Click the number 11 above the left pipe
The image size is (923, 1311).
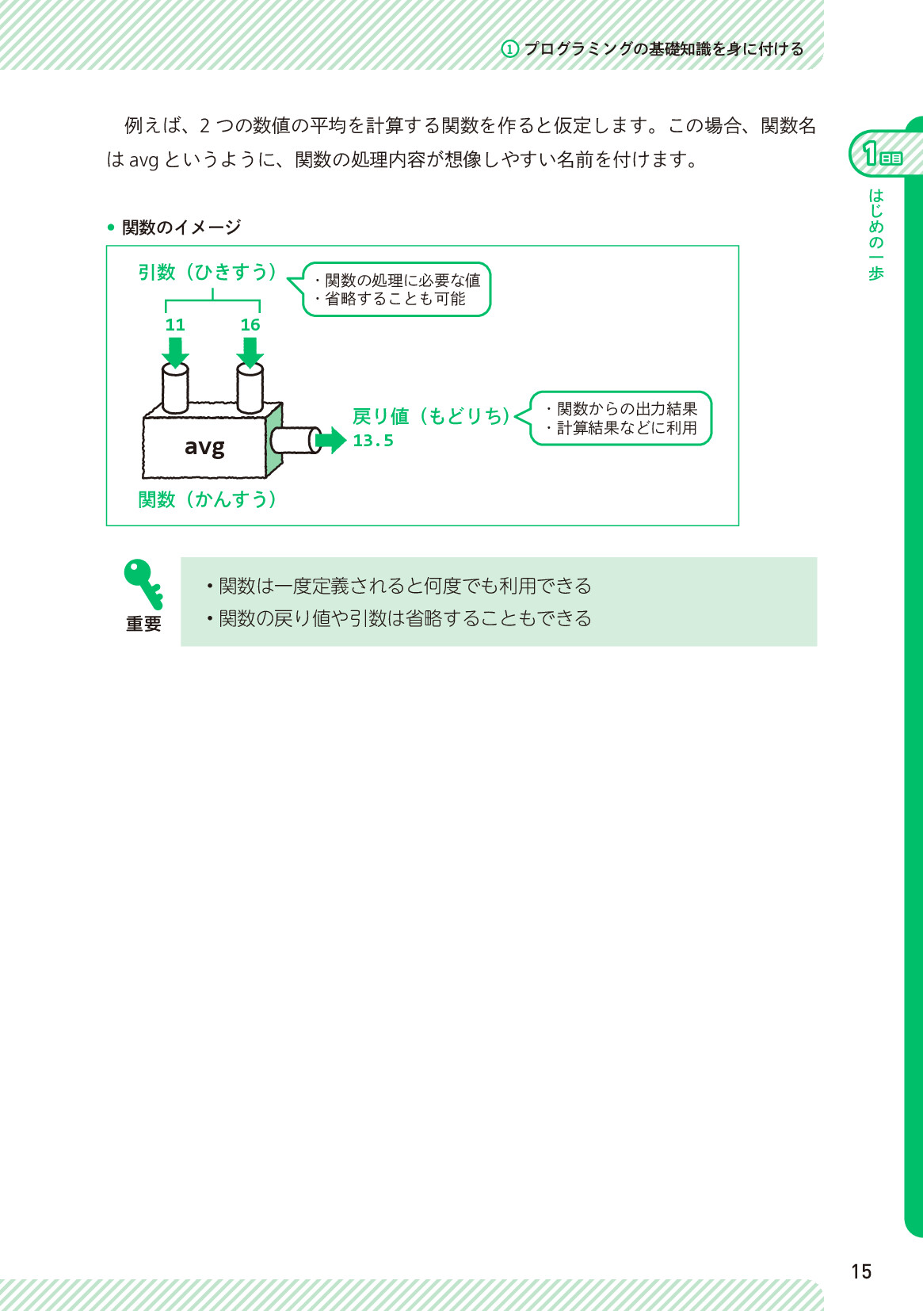click(x=175, y=325)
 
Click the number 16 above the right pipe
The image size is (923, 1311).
click(x=250, y=325)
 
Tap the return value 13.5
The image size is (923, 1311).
click(x=373, y=441)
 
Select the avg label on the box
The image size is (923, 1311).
click(x=204, y=447)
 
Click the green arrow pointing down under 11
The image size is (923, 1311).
click(x=175, y=353)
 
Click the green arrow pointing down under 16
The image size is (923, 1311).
click(x=250, y=353)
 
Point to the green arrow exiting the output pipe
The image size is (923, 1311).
click(x=330, y=440)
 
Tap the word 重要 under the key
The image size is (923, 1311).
click(x=144, y=624)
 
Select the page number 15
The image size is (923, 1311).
click(x=861, y=1272)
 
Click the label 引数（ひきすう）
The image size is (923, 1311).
click(x=207, y=272)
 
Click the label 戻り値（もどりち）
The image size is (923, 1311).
click(x=431, y=416)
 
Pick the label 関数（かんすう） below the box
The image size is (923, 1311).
click(x=207, y=499)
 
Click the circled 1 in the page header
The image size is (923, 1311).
click(x=509, y=49)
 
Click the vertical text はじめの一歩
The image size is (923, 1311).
click(x=875, y=235)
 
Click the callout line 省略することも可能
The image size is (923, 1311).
click(x=391, y=299)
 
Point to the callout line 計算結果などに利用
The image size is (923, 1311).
click(x=622, y=428)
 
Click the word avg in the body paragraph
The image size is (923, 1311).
click(x=143, y=160)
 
